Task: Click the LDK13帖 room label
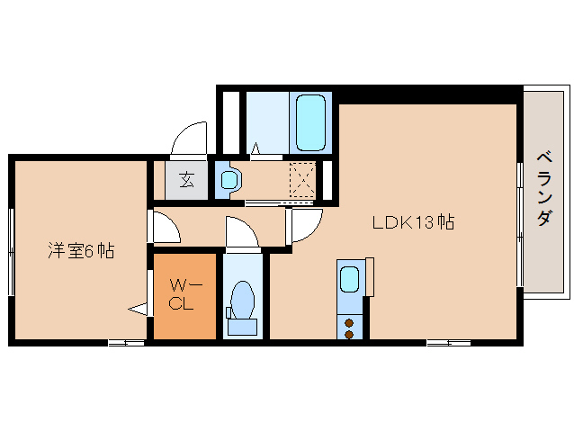413,222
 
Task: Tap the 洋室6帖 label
81,251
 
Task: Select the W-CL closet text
184,294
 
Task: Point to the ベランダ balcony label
544,188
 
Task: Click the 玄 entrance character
187,180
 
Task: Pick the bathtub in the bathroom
310,123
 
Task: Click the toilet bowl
243,299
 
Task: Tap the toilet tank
242,327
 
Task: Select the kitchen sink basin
349,279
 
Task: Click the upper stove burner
349,323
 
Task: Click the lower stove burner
349,334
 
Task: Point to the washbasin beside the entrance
229,180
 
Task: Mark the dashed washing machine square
302,180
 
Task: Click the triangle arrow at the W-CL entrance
138,310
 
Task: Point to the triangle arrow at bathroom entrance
256,148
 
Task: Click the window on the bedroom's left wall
12,252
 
